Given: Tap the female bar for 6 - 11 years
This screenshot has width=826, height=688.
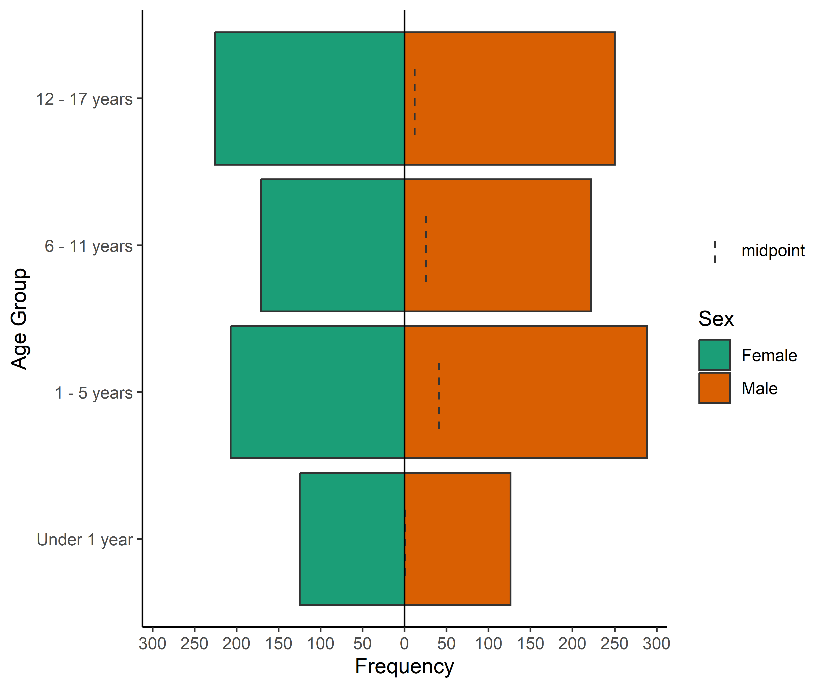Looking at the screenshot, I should coord(332,245).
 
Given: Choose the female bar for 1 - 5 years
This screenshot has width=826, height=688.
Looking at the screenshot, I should coord(317,392).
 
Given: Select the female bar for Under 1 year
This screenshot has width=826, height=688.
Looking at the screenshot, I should coord(352,539).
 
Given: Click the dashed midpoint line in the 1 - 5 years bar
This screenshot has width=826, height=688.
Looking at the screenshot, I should coord(439,395).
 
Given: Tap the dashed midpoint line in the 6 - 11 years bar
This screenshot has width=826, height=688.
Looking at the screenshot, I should coord(426,248).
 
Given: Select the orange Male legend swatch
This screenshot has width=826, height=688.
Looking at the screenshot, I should coord(714,388).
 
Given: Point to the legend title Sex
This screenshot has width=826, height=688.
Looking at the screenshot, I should coord(716,319).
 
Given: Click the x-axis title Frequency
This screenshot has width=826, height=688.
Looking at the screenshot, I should coord(404,667).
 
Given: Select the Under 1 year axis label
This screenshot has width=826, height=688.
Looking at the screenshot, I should coord(85,540).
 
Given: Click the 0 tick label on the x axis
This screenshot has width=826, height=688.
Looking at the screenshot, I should coord(404,644).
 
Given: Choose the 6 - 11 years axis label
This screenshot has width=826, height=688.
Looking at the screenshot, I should coord(89,246).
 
